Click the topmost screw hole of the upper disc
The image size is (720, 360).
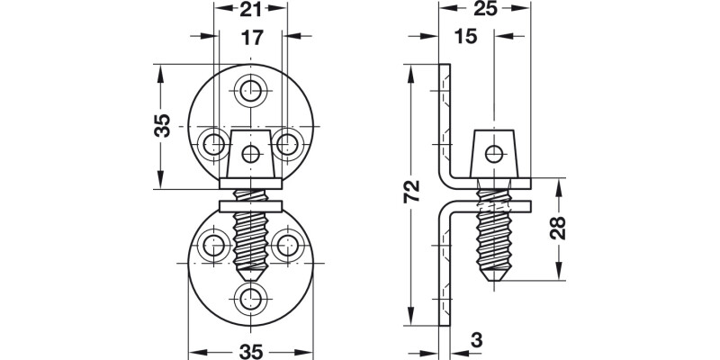[250, 88]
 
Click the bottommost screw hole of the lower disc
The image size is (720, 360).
[250, 299]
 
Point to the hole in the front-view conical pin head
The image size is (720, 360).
[250, 153]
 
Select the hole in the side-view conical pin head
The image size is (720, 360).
[492, 151]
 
